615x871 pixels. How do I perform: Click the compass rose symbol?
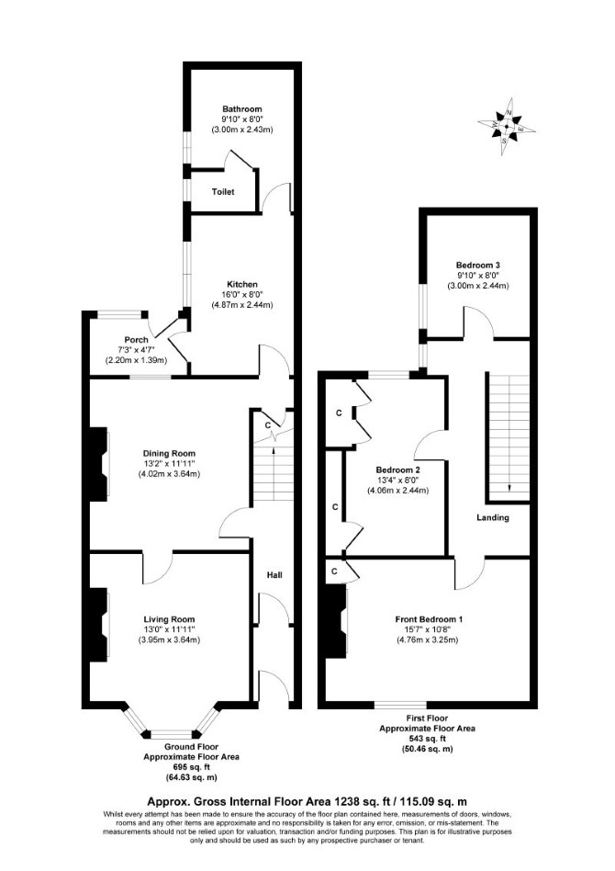click(x=507, y=127)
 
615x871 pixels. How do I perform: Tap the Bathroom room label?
click(x=242, y=108)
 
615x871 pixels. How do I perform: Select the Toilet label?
click(x=223, y=192)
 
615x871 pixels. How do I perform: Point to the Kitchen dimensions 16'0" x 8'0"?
click(x=242, y=294)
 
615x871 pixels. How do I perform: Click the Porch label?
click(x=136, y=339)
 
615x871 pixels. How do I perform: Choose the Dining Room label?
click(x=169, y=453)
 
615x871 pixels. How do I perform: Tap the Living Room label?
click(x=169, y=619)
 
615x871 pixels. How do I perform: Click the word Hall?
click(x=274, y=574)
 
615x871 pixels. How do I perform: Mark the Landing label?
click(x=493, y=517)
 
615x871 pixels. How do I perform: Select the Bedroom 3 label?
click(x=478, y=265)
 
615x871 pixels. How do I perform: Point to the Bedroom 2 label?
click(x=397, y=469)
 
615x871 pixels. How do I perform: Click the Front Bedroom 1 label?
click(x=429, y=619)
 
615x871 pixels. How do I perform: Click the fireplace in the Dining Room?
click(x=100, y=464)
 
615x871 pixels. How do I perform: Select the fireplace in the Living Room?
click(x=100, y=625)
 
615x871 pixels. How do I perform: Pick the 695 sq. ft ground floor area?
click(x=191, y=766)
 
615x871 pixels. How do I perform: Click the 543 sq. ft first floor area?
click(x=427, y=739)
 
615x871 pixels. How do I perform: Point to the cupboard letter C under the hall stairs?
click(x=268, y=425)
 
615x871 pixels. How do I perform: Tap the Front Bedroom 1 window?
click(x=400, y=705)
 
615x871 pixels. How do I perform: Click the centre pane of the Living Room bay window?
click(x=171, y=733)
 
